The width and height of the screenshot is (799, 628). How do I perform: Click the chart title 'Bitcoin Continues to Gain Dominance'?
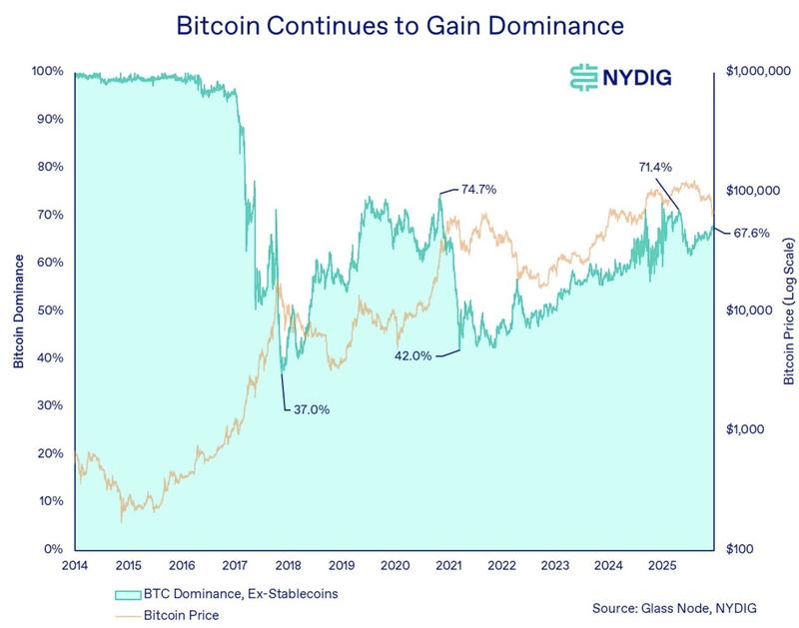pos(399,26)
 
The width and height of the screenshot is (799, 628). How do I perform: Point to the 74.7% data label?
pos(478,188)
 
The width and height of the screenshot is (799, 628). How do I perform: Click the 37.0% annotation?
pos(311,408)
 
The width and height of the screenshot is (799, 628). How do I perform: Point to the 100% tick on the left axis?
pos(47,72)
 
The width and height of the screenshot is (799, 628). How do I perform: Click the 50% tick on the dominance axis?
pos(50,311)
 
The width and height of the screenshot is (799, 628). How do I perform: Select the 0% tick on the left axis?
pos(53,549)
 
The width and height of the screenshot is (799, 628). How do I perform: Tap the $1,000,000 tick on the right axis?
pos(759,72)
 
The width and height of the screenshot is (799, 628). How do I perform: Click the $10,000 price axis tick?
pos(748,311)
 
